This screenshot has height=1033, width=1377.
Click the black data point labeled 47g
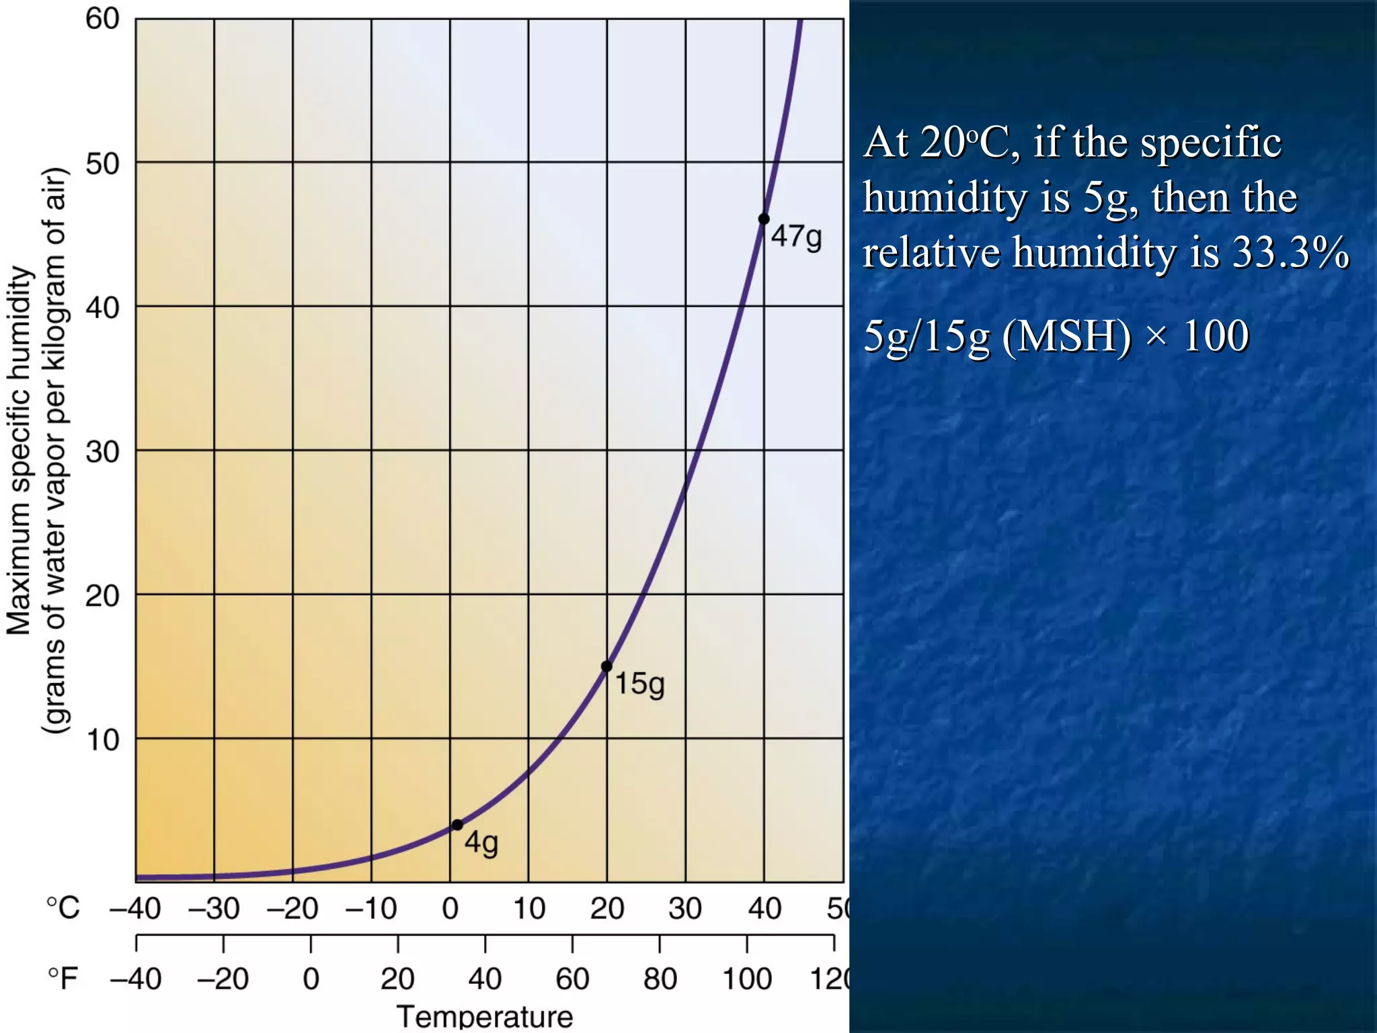764,219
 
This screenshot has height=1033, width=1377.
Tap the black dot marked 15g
606,666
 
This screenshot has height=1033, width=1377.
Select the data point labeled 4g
457,825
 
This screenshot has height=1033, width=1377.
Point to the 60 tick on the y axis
102,19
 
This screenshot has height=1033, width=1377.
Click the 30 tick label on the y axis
102,451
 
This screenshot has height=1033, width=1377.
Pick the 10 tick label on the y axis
102,740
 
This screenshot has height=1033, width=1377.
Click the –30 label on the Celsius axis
214,909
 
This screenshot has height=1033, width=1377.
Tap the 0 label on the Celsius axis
450,909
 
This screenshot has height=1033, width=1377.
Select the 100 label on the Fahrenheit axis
746,979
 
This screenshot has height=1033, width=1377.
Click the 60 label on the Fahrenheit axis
572,979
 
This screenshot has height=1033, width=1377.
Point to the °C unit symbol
63,908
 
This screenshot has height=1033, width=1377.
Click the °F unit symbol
63,979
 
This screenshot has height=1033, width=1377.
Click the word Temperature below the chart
485,1016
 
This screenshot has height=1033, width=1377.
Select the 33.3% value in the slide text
1290,252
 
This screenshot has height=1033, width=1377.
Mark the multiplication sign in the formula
1156,337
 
